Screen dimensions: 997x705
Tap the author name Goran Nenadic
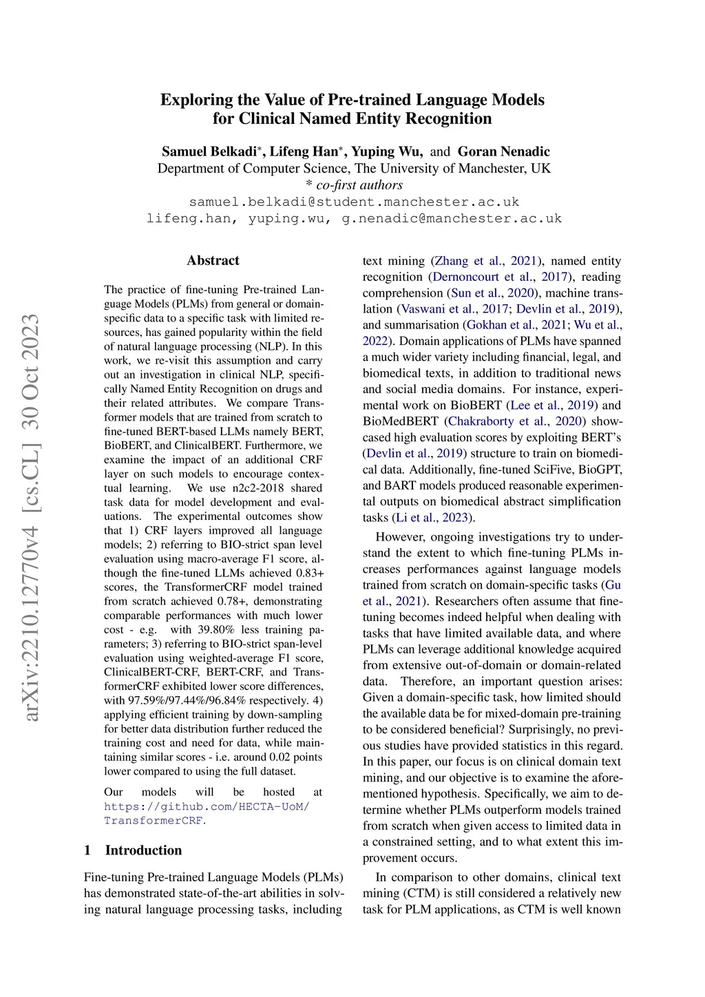coord(504,151)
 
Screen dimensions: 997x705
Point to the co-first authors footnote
coord(354,185)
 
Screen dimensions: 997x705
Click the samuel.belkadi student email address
coord(354,202)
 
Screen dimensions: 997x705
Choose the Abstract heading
coord(213,260)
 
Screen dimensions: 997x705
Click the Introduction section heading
coord(143,850)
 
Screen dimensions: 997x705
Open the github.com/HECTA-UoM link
coord(207,806)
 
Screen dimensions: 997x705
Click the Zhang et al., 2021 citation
coord(485,261)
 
